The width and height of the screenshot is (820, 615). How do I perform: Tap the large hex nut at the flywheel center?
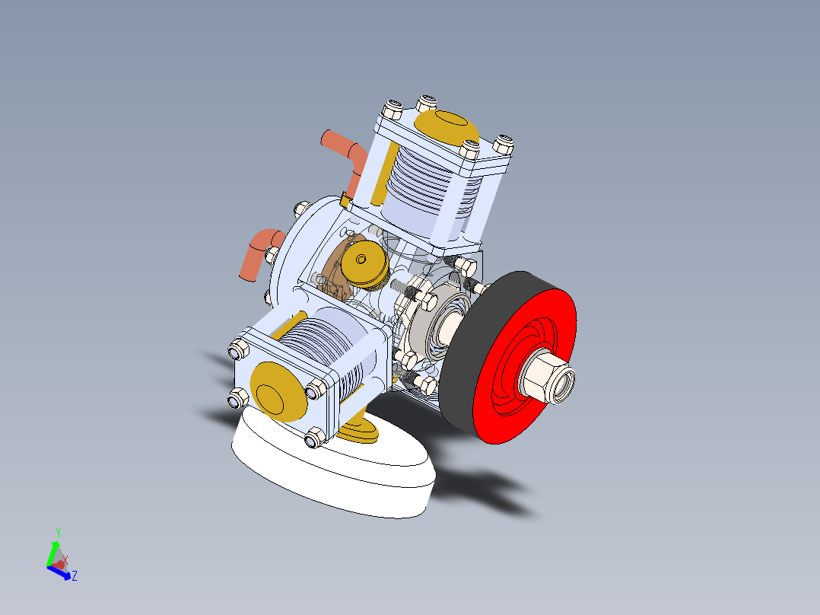tap(546, 378)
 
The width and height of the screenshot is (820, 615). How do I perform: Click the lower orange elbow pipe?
tap(255, 252)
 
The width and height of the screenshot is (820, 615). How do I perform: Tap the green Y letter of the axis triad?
tap(58, 532)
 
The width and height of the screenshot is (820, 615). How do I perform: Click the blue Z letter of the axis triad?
tap(75, 576)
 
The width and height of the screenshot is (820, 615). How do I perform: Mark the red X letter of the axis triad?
tap(65, 560)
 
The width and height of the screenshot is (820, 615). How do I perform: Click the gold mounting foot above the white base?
tap(358, 429)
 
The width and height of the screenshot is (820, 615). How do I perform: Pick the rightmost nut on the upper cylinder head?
tap(504, 143)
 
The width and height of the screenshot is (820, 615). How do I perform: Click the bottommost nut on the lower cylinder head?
tap(313, 439)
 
